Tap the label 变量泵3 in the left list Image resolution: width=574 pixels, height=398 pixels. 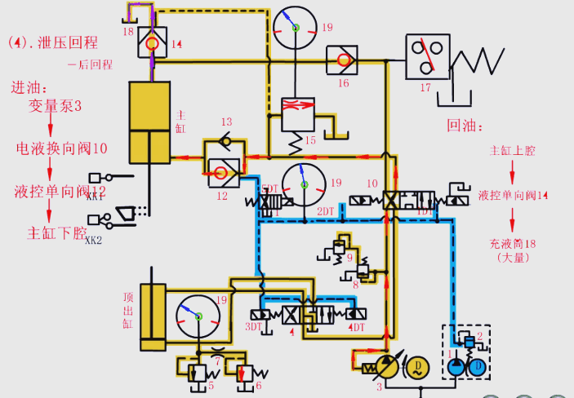(56, 106)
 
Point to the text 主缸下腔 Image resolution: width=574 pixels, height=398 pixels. (57, 233)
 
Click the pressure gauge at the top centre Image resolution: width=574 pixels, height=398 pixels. (294, 27)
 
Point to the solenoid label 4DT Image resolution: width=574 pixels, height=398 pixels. (357, 327)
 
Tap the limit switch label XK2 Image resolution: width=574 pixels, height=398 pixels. (93, 241)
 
